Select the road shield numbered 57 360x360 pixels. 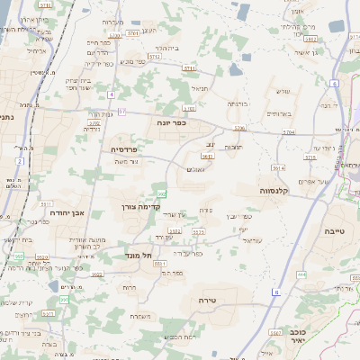[x=122, y=111]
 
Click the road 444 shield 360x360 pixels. [x=301, y=274]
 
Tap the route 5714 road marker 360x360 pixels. [x=309, y=157]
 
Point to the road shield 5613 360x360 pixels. [x=208, y=156]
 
